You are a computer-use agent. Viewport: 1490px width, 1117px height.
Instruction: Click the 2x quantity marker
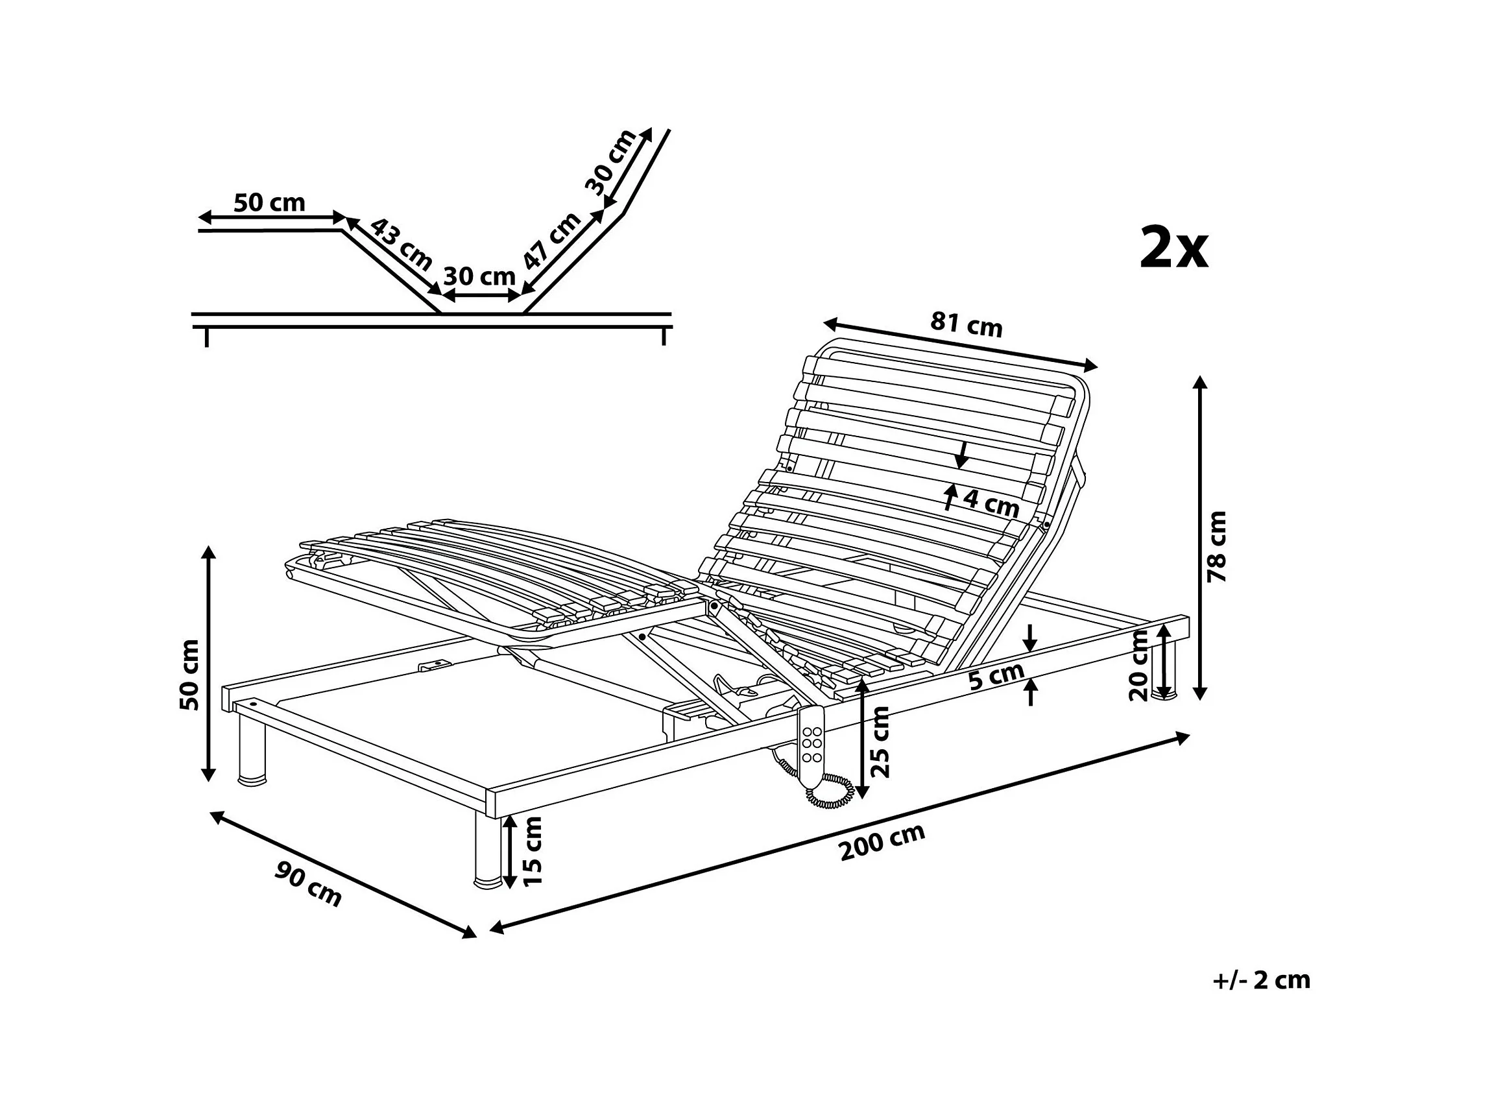[x=1173, y=248]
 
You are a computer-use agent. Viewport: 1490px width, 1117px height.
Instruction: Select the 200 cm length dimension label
[x=882, y=842]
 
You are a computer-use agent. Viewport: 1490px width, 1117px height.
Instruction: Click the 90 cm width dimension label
[x=308, y=885]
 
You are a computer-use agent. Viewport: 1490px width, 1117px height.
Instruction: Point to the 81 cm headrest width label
[x=966, y=324]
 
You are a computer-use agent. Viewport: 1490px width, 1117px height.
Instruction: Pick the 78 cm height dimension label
[x=1217, y=546]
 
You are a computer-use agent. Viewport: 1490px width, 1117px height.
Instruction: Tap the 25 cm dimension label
[x=880, y=741]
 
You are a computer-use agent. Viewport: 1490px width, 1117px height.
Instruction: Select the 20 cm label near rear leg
[x=1138, y=666]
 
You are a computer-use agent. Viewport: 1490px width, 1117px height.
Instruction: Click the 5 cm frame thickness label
[x=996, y=677]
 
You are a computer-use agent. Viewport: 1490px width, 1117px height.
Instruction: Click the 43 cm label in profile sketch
[x=402, y=244]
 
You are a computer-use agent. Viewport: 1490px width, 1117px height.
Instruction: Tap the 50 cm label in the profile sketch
[x=269, y=202]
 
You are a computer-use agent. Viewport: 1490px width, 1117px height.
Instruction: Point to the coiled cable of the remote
[x=832, y=791]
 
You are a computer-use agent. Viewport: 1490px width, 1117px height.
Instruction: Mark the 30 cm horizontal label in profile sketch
[x=479, y=276]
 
